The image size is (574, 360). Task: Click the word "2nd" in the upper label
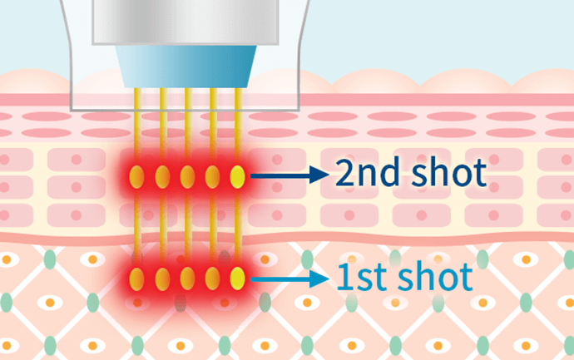click(367, 172)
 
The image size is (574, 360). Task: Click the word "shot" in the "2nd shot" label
click(449, 172)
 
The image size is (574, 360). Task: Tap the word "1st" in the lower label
click(364, 277)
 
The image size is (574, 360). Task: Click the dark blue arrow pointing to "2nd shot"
click(289, 175)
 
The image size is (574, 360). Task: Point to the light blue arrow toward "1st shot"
click(289, 279)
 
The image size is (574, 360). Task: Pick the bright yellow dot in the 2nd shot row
click(237, 177)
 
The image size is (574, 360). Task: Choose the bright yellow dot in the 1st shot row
click(237, 279)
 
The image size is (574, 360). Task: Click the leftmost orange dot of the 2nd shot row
click(136, 177)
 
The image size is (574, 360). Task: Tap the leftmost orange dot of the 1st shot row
click(136, 279)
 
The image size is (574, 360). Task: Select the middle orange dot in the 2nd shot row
click(187, 177)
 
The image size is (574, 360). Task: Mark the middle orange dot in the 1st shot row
click(187, 279)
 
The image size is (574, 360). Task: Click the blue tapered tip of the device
click(186, 67)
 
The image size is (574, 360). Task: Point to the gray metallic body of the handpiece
click(186, 22)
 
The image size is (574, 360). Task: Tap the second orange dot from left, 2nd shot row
click(162, 177)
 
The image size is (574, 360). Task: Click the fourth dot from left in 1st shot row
click(212, 279)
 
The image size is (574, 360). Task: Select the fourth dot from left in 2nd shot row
click(212, 177)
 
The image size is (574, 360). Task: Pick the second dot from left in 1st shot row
click(162, 279)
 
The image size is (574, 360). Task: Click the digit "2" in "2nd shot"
click(345, 173)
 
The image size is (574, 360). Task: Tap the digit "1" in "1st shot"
click(344, 278)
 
